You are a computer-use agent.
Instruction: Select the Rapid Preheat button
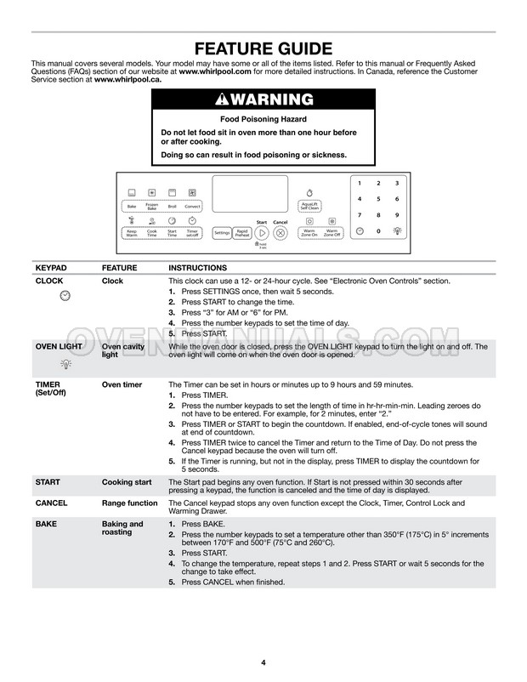tap(241, 232)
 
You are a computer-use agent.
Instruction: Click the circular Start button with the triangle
tap(262, 232)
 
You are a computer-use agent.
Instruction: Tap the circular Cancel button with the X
tap(280, 232)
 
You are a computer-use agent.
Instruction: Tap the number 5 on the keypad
tap(377, 199)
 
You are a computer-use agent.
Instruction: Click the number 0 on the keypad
tap(377, 230)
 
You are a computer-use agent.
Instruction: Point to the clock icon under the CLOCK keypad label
tap(65, 295)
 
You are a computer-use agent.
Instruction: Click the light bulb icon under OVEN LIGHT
tap(65, 363)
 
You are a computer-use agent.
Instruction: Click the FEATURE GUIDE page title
tap(263, 48)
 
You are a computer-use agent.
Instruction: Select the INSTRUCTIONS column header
tap(197, 267)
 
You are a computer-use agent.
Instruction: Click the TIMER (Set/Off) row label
tap(50, 389)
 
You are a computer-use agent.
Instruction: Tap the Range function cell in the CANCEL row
tap(130, 503)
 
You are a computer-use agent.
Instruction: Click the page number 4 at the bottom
tap(263, 662)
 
